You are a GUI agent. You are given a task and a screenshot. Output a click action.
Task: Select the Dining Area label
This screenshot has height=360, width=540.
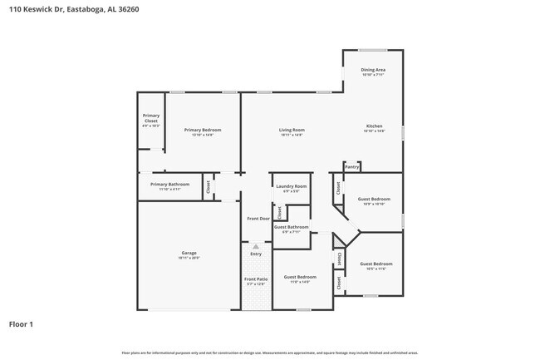click(373, 70)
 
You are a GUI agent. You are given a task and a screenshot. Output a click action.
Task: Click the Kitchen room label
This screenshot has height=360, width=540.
click(374, 126)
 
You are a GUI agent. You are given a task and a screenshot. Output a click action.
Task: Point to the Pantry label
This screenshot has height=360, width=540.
click(352, 167)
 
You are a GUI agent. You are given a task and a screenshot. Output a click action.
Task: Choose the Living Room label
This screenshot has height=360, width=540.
click(291, 130)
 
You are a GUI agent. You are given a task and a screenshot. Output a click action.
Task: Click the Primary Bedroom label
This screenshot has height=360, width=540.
click(203, 130)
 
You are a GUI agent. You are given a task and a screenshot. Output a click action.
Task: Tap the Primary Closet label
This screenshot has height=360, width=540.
click(150, 118)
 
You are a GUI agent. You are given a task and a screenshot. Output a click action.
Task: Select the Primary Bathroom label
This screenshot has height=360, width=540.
click(169, 184)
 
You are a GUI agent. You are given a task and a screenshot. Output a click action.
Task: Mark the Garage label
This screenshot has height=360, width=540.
click(189, 253)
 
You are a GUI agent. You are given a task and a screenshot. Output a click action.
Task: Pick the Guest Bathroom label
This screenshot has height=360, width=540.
click(292, 226)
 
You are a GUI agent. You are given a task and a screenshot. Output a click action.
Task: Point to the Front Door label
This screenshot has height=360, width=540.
click(258, 219)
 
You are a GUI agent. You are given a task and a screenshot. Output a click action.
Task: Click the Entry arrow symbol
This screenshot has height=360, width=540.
click(256, 247)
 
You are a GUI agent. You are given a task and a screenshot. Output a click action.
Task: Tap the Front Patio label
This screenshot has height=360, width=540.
click(256, 279)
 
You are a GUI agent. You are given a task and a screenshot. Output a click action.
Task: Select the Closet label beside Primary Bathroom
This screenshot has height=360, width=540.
click(208, 187)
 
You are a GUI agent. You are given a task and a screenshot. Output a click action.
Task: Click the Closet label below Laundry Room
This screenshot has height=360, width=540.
click(279, 212)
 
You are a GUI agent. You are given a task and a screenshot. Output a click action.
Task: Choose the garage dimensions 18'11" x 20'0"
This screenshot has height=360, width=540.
click(189, 258)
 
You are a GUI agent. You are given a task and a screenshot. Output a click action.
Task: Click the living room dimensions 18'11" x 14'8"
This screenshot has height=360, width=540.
click(291, 135)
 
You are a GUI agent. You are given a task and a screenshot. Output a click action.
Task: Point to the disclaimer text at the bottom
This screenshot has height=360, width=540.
click(269, 353)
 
